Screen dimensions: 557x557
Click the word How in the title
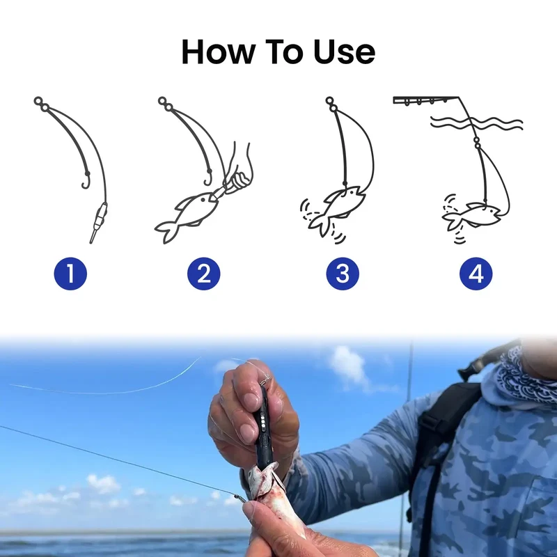(217, 52)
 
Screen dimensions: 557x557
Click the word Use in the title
(344, 52)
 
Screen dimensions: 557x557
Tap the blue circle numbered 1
(70, 274)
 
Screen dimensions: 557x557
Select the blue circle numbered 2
(203, 274)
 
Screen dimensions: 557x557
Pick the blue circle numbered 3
(343, 274)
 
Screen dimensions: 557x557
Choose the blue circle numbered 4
(476, 274)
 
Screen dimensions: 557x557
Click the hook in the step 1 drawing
(86, 180)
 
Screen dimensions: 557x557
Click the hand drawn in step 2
(238, 171)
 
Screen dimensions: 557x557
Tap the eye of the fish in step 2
(203, 200)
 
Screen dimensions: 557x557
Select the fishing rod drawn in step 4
(426, 100)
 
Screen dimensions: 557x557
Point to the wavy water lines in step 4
(477, 123)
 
